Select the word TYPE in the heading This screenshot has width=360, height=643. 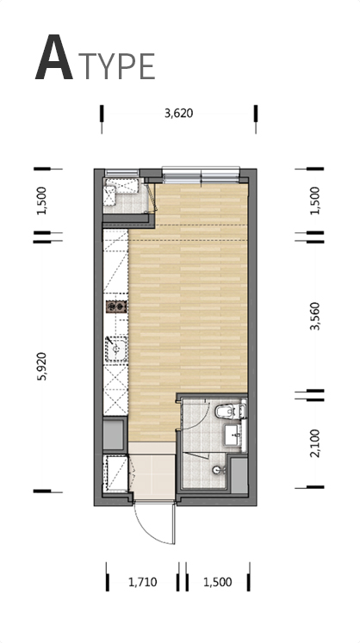[116, 66]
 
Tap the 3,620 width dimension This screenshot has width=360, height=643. [178, 113]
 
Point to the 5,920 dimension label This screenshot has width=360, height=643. [42, 366]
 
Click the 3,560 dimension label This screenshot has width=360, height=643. [316, 316]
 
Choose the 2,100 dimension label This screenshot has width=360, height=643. [316, 443]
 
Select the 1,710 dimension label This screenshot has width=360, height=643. [142, 582]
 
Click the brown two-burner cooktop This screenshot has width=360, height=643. [116, 306]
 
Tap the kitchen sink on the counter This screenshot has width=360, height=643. [116, 349]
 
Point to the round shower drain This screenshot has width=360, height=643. [217, 470]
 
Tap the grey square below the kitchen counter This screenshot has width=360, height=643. [114, 435]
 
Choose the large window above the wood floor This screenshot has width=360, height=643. [201, 175]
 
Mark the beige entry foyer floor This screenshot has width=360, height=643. [152, 471]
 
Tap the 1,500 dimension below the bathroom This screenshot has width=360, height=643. [218, 582]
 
